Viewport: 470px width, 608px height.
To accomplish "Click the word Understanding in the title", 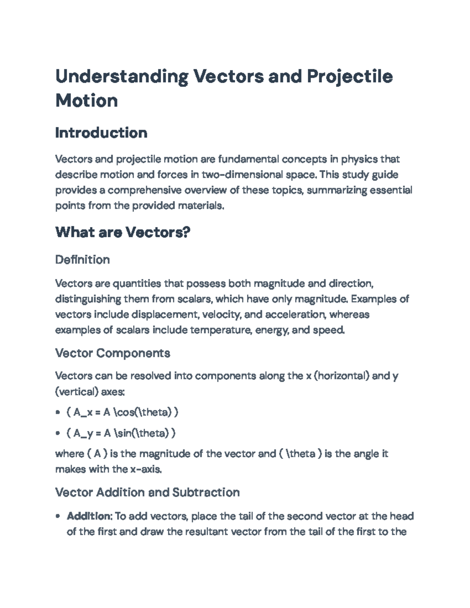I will (121, 76).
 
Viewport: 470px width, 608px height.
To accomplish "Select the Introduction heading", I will (101, 133).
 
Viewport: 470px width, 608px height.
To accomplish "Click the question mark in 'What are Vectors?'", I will (186, 233).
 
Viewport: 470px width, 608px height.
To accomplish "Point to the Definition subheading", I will (82, 260).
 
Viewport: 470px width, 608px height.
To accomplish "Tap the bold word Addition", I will (89, 516).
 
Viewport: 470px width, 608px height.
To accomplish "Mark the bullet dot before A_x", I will (58, 412).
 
